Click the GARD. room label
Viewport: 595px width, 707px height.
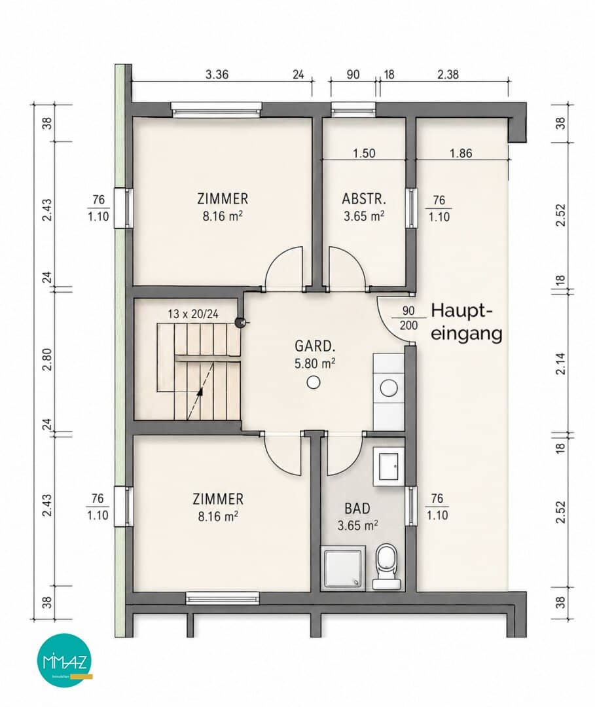(315, 346)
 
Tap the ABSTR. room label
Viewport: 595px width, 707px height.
(364, 199)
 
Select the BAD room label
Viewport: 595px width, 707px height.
(357, 509)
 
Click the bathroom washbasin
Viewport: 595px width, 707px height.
(388, 466)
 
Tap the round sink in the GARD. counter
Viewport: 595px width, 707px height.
(388, 388)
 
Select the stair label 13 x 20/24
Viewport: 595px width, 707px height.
(193, 314)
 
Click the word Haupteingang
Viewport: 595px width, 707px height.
(466, 322)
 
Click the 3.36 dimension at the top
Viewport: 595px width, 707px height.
(217, 75)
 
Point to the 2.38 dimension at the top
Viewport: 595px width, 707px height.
(448, 75)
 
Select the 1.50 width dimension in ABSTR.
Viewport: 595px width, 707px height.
(364, 153)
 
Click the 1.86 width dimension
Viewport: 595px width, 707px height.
(461, 153)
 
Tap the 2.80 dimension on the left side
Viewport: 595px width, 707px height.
(47, 359)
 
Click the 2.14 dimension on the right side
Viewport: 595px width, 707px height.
(560, 363)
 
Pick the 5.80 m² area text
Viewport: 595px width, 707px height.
(315, 363)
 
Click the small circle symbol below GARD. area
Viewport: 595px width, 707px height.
(314, 383)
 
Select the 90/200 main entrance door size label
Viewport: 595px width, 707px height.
(408, 318)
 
